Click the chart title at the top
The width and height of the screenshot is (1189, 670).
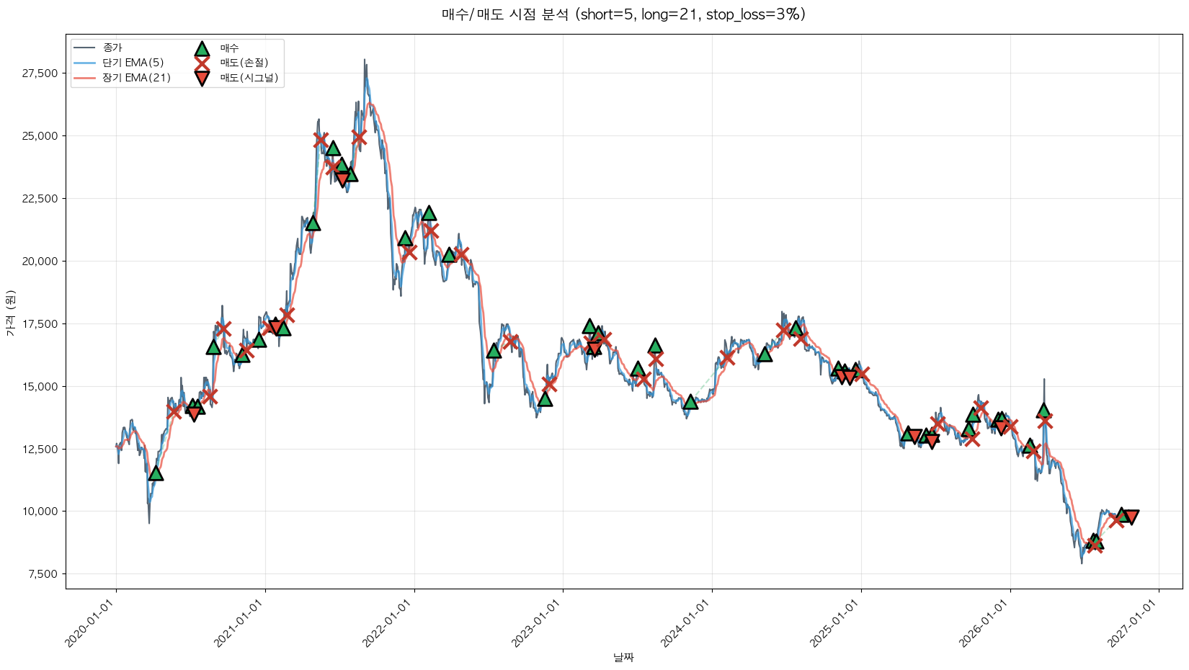624,14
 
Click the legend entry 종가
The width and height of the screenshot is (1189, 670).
112,48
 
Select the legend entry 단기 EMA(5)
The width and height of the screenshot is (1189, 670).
133,63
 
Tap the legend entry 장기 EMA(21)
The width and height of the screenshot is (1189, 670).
136,78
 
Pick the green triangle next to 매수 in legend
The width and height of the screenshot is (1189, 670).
202,49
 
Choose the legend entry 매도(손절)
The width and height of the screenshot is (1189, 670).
244,63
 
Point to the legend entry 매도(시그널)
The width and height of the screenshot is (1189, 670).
249,78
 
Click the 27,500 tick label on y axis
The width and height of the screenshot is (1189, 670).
40,73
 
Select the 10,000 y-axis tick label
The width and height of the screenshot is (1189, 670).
40,512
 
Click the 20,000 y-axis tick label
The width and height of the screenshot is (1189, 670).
40,261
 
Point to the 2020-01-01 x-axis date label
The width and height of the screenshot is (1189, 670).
90,622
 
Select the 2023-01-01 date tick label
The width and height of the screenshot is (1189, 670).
537,622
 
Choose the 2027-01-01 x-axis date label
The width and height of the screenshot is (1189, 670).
1133,622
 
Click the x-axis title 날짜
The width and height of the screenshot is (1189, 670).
624,658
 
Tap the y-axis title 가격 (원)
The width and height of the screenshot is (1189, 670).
11,313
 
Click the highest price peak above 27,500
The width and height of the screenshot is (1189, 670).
365,60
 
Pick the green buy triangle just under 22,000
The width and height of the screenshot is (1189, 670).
428,214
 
